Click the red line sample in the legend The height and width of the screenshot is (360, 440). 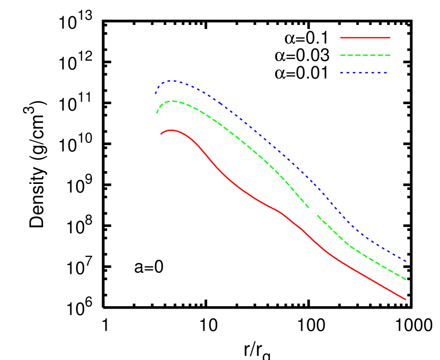click(365, 38)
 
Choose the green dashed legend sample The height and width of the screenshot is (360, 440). click(365, 55)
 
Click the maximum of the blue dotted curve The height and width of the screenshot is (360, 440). click(172, 81)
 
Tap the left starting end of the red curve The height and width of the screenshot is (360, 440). click(161, 134)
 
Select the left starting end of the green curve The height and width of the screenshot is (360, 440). click(157, 113)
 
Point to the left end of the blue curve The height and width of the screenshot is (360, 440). click(155, 93)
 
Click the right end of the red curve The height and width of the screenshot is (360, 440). click(406, 299)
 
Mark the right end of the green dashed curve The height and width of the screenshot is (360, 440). click(406, 279)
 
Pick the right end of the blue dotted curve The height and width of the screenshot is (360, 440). click(406, 261)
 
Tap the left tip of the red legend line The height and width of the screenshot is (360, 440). click(340, 38)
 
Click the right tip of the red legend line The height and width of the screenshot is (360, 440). click(390, 38)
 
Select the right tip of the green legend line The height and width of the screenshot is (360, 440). click(390, 55)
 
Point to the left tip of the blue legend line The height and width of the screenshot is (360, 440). click(340, 73)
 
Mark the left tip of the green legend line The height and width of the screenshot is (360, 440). click(340, 55)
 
